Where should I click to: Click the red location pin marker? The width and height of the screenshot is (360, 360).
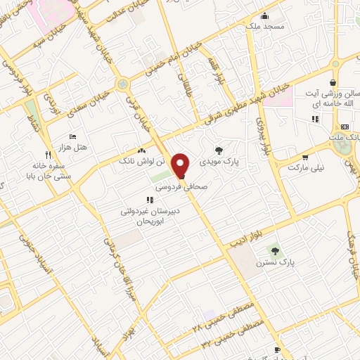pyautogui.click(x=181, y=166)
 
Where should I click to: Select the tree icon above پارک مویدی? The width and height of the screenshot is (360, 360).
pyautogui.click(x=220, y=150)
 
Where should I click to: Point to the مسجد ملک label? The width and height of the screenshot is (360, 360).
pyautogui.click(x=265, y=27)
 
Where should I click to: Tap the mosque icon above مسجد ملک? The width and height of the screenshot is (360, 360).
pyautogui.click(x=264, y=16)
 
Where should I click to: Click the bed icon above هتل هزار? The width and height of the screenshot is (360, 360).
pyautogui.click(x=72, y=137)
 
